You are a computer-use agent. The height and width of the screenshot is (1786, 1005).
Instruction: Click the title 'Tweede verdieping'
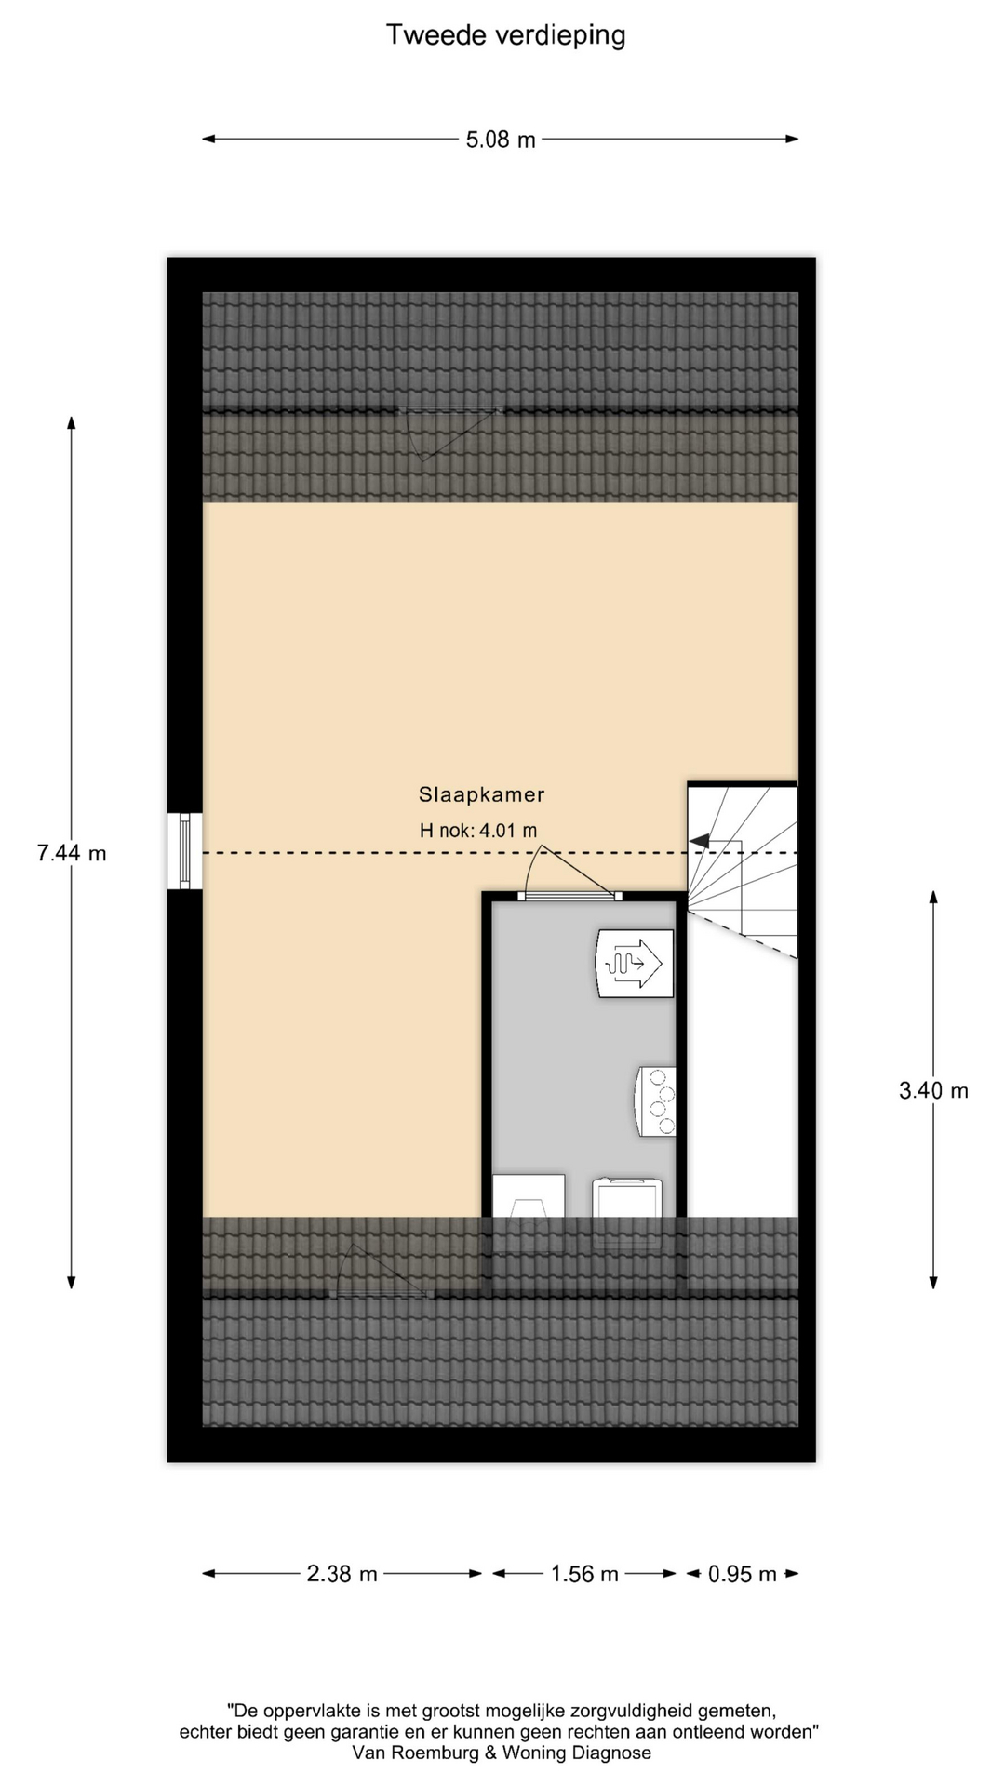click(x=505, y=35)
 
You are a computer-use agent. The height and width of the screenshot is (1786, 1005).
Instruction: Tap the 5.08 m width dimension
click(x=501, y=140)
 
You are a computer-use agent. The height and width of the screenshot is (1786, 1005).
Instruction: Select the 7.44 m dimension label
click(x=72, y=852)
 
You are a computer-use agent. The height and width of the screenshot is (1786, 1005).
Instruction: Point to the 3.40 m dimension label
click(x=933, y=1090)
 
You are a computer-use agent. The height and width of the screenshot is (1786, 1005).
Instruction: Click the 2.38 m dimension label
click(x=342, y=1574)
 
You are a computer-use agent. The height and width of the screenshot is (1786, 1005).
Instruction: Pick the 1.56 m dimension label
click(x=584, y=1574)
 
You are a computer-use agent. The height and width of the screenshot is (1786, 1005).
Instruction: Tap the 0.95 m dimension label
click(x=743, y=1574)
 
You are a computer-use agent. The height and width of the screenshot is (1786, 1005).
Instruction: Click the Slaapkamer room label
click(x=481, y=794)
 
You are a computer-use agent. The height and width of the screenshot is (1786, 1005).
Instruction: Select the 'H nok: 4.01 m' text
click(x=478, y=831)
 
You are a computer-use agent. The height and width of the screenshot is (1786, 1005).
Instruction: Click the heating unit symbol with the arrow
click(x=635, y=963)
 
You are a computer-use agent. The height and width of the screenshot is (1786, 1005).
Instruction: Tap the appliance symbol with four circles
click(x=656, y=1102)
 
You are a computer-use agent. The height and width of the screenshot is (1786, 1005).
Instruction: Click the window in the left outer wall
click(x=184, y=851)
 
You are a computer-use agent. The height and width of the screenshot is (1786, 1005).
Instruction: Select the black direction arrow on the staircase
click(x=699, y=841)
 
